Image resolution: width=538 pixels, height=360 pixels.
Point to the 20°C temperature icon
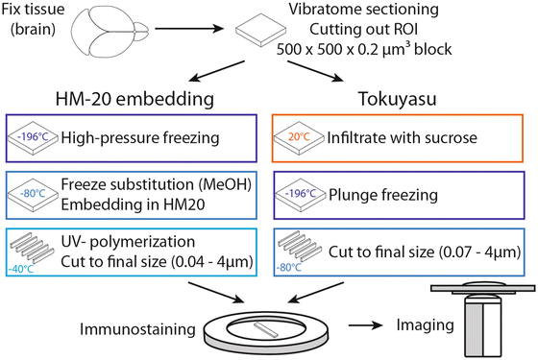[x=299, y=136]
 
